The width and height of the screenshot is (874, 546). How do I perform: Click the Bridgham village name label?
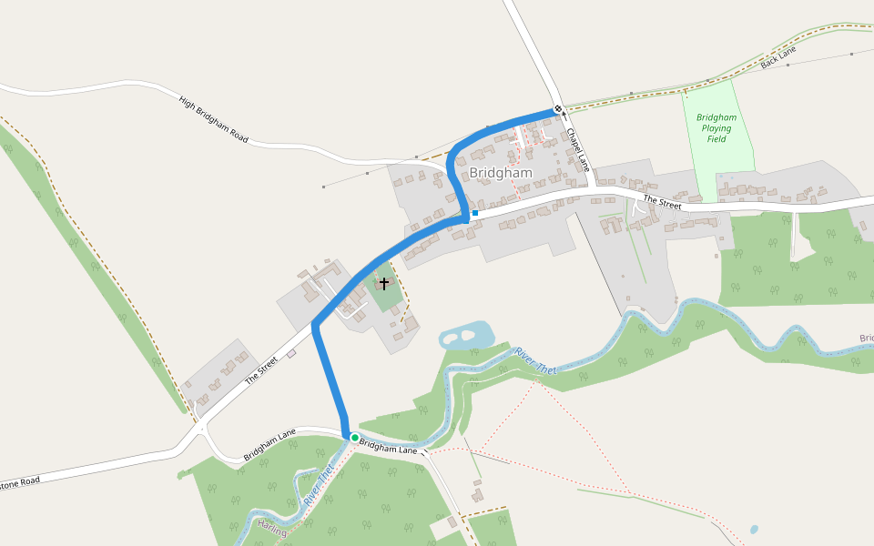[501, 173]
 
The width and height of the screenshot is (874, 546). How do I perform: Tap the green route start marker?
[355, 438]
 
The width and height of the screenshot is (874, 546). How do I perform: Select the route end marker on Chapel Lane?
[558, 110]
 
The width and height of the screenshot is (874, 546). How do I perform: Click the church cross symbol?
[384, 284]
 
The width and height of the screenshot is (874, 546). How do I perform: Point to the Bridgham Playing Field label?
[716, 128]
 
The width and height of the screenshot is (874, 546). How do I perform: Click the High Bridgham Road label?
[214, 119]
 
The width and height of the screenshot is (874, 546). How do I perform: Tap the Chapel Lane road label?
[577, 149]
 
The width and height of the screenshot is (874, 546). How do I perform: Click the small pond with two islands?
[466, 336]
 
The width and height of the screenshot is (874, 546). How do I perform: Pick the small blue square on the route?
[474, 213]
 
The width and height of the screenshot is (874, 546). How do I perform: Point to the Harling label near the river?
[272, 527]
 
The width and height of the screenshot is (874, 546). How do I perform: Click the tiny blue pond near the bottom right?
[754, 529]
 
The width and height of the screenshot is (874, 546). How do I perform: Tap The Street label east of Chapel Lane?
[662, 202]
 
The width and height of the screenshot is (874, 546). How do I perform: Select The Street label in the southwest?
[260, 369]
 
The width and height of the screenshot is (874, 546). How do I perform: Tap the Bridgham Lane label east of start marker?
[388, 447]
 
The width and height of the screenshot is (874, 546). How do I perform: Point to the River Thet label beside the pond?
[534, 359]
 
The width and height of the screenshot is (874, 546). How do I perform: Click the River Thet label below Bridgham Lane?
[319, 487]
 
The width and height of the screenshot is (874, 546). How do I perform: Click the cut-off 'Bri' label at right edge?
[866, 339]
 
